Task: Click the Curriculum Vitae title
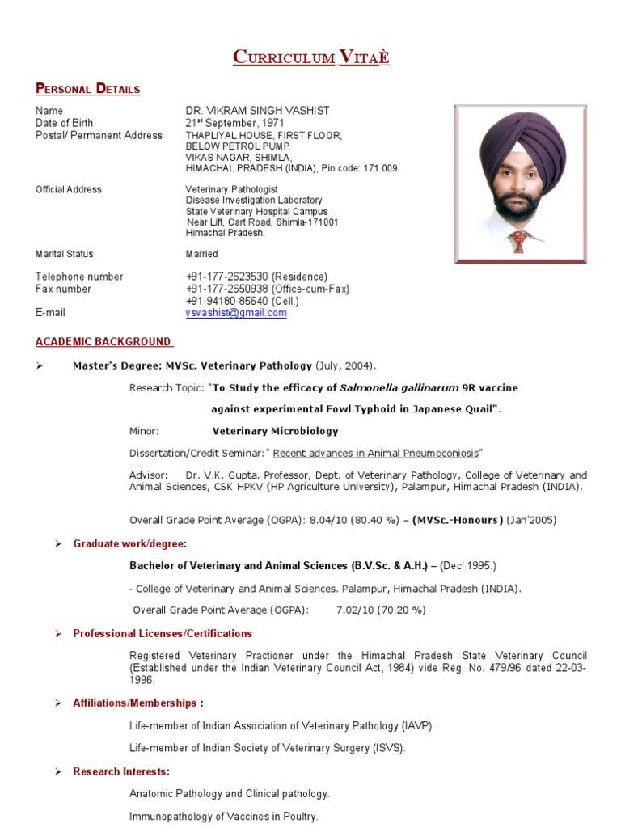310,57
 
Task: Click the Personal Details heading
87,89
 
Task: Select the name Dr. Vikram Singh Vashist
257,111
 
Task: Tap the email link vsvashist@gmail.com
236,313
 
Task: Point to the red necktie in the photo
518,241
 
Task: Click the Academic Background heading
103,342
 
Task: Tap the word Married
201,254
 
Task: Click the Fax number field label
63,289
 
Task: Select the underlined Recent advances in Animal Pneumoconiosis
376,453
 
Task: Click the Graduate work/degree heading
129,543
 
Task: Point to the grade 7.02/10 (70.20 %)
381,610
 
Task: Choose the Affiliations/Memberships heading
137,703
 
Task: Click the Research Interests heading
121,771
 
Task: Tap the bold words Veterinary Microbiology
276,431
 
